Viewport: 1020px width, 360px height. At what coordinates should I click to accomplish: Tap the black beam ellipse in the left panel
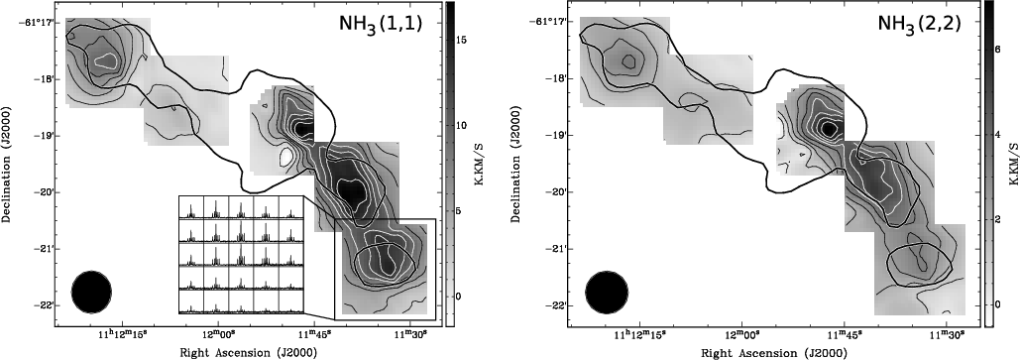pos(92,292)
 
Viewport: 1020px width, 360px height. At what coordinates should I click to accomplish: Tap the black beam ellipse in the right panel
pos(607,292)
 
